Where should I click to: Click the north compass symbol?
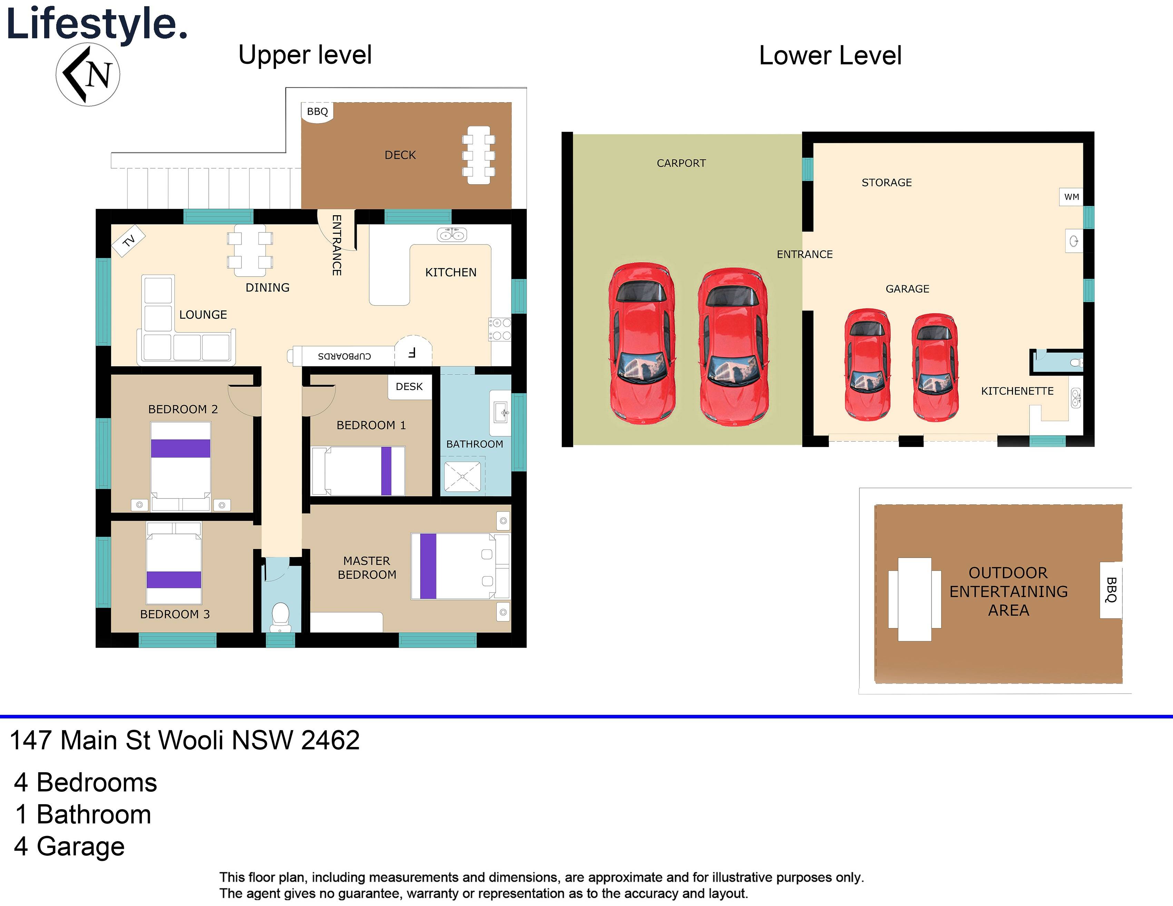pyautogui.click(x=88, y=74)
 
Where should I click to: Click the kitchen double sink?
pyautogui.click(x=452, y=235)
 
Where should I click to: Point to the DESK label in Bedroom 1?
pyautogui.click(x=409, y=387)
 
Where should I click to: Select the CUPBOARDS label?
pyautogui.click(x=344, y=356)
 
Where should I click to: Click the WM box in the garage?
pyautogui.click(x=1072, y=197)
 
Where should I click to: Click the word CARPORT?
pyautogui.click(x=681, y=163)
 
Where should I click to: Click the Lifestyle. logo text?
pyautogui.click(x=97, y=24)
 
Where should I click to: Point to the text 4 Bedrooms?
pyautogui.click(x=86, y=783)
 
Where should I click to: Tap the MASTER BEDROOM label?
pyautogui.click(x=367, y=568)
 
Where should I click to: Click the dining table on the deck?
pyautogui.click(x=478, y=155)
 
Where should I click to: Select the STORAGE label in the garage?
pyautogui.click(x=886, y=182)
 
